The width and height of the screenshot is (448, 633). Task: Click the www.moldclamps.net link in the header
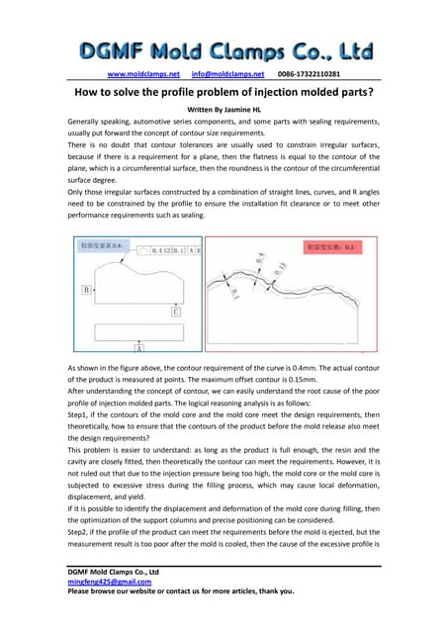click(x=143, y=73)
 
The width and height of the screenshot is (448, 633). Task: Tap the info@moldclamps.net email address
click(x=227, y=73)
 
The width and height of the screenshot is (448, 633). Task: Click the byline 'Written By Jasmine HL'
click(x=224, y=110)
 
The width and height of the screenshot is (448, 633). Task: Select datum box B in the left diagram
click(x=88, y=291)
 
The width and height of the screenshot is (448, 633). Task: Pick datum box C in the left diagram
click(x=175, y=311)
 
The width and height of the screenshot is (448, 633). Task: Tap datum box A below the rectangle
click(x=138, y=349)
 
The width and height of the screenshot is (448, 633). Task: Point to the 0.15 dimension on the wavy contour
click(x=282, y=275)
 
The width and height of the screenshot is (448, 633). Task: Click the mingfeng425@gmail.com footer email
click(x=102, y=582)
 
